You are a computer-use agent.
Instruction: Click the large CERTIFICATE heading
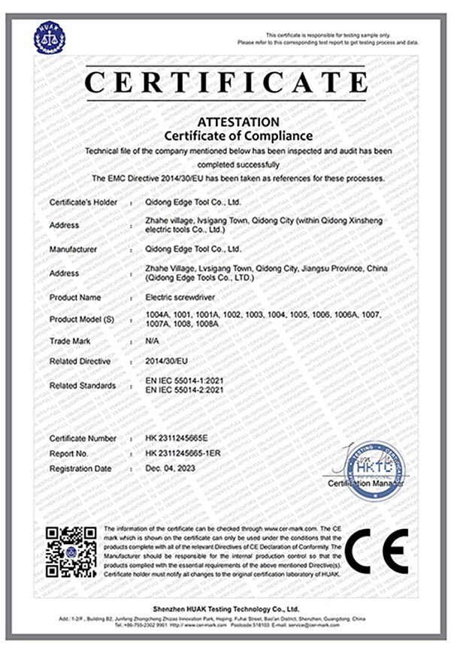point(225,82)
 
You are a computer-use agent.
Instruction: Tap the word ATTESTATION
point(226,121)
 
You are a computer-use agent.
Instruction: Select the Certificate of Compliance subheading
point(226,135)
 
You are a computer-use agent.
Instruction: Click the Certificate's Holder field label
point(82,203)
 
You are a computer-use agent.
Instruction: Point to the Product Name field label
point(75,298)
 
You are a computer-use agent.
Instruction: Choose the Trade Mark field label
point(71,341)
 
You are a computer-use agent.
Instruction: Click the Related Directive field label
point(80,361)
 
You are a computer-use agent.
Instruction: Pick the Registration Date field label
point(80,469)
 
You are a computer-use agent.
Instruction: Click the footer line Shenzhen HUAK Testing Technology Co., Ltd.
point(225,609)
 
